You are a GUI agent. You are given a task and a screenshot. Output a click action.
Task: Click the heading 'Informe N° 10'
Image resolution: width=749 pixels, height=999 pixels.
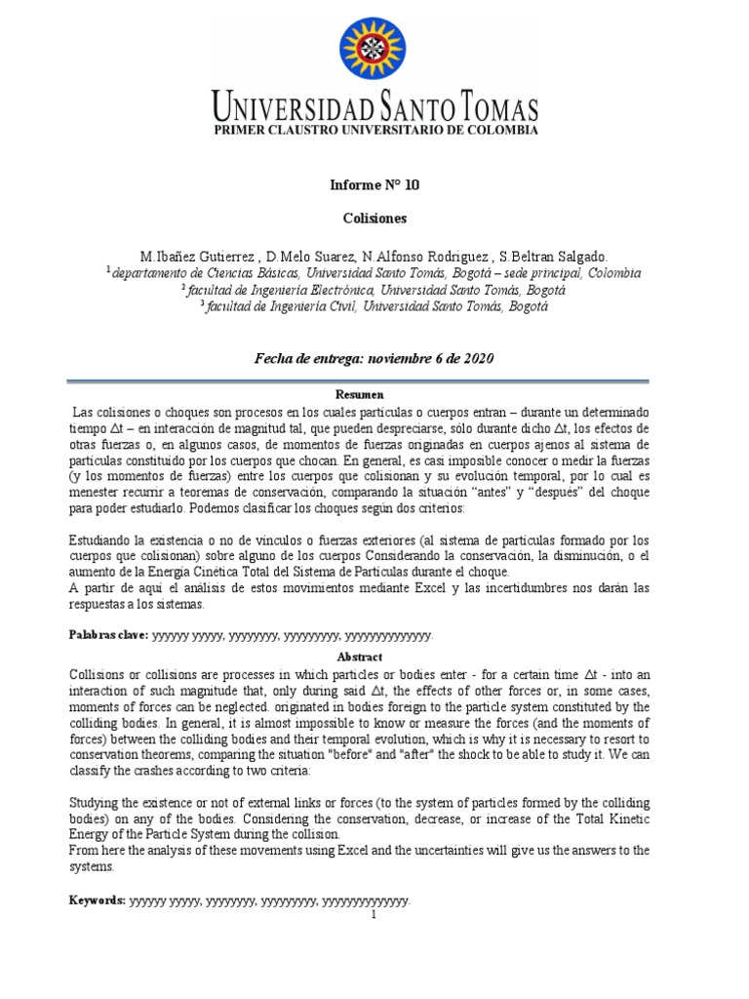click(x=374, y=184)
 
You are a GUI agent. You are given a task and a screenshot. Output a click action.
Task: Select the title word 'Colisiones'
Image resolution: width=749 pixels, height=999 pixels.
click(x=374, y=219)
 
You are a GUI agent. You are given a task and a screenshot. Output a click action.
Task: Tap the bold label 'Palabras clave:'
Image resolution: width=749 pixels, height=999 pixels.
click(x=108, y=635)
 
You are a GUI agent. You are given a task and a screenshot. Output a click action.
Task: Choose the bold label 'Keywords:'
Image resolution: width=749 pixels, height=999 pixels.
click(x=98, y=900)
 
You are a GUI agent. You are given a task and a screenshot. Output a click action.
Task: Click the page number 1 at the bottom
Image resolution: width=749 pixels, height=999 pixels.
click(x=374, y=915)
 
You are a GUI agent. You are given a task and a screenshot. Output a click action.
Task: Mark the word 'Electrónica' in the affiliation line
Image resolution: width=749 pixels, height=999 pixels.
click(x=339, y=290)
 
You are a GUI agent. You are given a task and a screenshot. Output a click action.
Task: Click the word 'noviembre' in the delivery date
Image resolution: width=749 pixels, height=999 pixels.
click(x=393, y=358)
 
